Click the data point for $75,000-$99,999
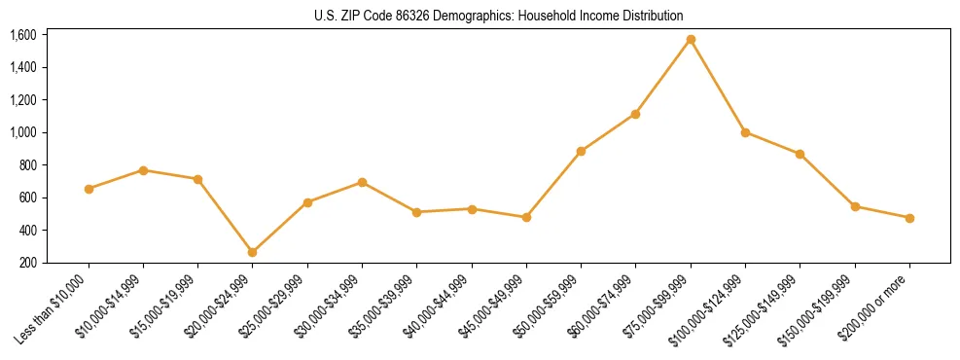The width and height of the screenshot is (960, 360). [x=691, y=40]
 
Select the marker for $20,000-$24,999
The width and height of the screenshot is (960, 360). [x=253, y=252]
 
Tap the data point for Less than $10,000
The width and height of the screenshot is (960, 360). [x=89, y=189]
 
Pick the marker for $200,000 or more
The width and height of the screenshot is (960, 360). [x=909, y=218]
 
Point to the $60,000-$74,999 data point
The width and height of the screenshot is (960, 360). [x=635, y=114]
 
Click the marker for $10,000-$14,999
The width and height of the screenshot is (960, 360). [x=143, y=170]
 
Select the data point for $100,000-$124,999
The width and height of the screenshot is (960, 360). [x=745, y=132]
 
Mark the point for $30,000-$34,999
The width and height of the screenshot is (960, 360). [x=362, y=182]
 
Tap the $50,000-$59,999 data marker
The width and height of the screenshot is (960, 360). [x=581, y=151]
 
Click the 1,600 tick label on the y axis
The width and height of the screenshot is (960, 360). [x=22, y=35]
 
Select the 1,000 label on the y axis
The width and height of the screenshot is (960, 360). [x=22, y=132]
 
